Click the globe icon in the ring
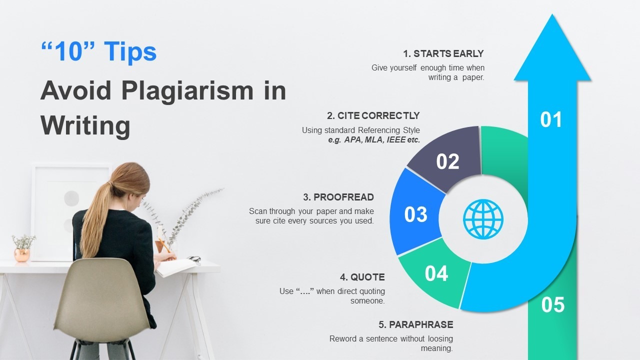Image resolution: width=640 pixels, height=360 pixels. (483, 219)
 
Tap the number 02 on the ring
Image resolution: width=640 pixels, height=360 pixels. (447, 161)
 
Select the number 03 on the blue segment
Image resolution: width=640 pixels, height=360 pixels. (415, 214)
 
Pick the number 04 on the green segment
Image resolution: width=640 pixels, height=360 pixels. (436, 273)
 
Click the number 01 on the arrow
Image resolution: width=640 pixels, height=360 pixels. (551, 119)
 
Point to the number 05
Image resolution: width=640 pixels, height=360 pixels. (553, 304)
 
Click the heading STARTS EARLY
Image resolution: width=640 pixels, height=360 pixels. (448, 53)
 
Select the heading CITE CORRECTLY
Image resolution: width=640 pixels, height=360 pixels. (378, 115)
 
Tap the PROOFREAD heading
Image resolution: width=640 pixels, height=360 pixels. (343, 197)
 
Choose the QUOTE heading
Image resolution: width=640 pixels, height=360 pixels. (367, 277)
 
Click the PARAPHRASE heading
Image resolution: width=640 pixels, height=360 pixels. (421, 324)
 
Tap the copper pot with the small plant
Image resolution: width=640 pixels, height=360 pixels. (22, 255)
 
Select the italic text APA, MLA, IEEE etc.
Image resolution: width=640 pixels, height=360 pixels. (382, 140)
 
